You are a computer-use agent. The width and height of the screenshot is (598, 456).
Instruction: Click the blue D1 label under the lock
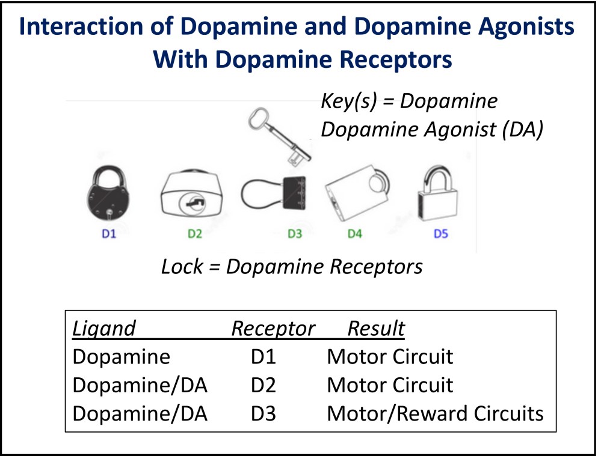click(108, 234)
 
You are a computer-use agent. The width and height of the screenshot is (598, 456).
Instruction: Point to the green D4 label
click(355, 234)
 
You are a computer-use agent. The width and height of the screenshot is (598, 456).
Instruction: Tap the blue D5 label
click(441, 234)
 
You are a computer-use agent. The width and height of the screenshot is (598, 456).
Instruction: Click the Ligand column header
click(104, 329)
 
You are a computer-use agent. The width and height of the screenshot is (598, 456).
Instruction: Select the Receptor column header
click(273, 329)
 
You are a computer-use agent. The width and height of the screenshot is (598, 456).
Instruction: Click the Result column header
click(376, 329)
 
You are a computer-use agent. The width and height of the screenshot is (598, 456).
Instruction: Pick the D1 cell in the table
click(263, 357)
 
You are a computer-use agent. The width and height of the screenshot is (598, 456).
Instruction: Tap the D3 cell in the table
click(263, 413)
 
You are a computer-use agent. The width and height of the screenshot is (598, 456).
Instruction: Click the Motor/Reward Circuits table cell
click(435, 413)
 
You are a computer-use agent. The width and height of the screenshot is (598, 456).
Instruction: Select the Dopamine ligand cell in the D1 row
click(122, 357)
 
